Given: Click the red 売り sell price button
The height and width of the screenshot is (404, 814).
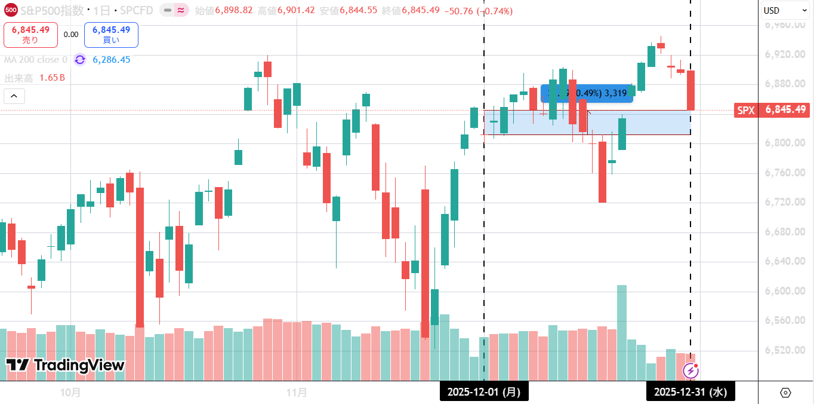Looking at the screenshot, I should tap(30, 35).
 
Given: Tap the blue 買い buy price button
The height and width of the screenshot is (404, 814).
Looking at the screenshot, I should tap(111, 35).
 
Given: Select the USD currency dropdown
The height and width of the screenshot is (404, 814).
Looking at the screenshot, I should tap(784, 10).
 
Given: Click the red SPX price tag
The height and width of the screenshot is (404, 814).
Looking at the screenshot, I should tap(746, 110).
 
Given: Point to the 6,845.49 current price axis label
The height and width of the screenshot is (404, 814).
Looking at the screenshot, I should tap(785, 110).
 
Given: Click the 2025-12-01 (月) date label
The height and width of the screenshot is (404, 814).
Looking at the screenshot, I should tap(484, 392).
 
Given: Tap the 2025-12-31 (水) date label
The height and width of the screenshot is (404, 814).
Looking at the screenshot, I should tap(690, 392).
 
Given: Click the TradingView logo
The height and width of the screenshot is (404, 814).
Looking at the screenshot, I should tap(66, 365).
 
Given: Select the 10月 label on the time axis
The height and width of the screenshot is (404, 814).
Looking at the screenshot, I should tap(70, 393).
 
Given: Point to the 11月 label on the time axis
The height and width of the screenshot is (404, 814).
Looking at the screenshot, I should tap(297, 393).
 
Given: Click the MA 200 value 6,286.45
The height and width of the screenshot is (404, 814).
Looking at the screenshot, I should tap(111, 60).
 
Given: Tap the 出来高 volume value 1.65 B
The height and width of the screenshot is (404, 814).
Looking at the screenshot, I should tap(52, 78).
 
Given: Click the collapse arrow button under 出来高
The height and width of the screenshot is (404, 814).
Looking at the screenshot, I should tap(14, 96).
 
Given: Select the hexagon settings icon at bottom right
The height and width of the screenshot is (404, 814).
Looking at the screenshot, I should tap(785, 393).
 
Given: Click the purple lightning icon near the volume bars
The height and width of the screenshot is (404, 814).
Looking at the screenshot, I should tap(690, 371).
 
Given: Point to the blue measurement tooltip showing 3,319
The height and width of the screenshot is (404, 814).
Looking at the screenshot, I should tap(587, 93).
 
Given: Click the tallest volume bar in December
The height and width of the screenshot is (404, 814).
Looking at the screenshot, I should tap(621, 332).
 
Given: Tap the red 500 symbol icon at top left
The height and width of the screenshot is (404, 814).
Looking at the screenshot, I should tap(10, 11).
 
